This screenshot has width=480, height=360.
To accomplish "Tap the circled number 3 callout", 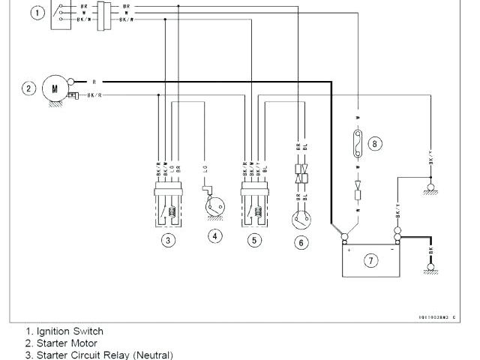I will [x=169, y=241].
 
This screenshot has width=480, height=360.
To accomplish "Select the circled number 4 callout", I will [x=215, y=236].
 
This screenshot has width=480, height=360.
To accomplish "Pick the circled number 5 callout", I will [x=254, y=241].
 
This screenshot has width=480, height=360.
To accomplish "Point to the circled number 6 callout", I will [x=301, y=242].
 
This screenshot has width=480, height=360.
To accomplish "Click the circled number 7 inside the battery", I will [x=371, y=260].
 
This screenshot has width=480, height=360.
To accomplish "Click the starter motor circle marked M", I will [x=53, y=88].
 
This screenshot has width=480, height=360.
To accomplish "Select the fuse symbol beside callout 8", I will [x=359, y=143].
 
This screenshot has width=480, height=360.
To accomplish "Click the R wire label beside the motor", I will [x=93, y=81].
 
